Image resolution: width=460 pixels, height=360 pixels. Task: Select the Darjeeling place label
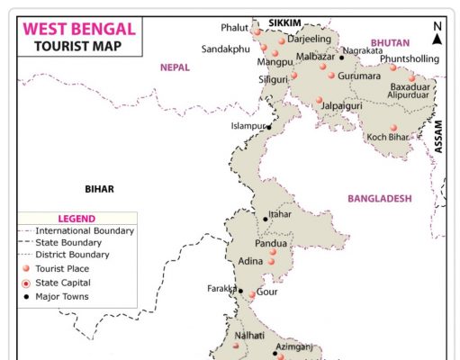coord(311,40)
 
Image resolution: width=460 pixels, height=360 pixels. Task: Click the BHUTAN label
coord(389,42)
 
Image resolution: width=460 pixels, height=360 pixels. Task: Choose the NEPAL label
coord(176,67)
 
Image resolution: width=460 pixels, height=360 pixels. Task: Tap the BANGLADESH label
coord(379,198)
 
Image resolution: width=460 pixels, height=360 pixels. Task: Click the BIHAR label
coord(100,189)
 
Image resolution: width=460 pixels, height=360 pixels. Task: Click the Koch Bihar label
coord(388,138)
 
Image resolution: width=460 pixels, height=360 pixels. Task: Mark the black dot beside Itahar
coord(266,218)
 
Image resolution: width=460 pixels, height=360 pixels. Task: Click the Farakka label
coord(221,289)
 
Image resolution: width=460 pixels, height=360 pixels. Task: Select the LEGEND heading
coord(77,219)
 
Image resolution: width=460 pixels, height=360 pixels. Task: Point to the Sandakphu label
coord(225,49)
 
